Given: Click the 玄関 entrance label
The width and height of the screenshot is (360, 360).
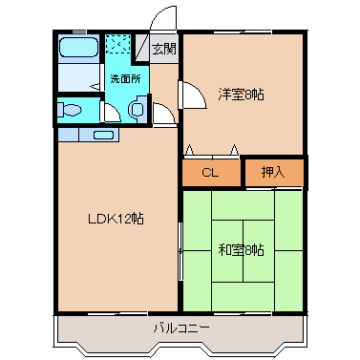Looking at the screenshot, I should point(163,49).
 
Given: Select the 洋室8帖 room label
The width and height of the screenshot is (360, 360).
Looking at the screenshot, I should point(241,94).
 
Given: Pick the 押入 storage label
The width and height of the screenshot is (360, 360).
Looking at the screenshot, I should point(272,173).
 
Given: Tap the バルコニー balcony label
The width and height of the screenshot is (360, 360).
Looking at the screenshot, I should point(181,328).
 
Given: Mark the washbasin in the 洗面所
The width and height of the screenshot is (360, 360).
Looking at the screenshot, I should point(137,110).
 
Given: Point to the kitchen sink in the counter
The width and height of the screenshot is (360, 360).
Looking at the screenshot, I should point(103,134).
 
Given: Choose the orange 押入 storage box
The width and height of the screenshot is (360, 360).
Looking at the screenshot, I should point(272,173).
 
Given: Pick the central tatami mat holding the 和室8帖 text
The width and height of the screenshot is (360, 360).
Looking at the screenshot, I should point(243,250).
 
